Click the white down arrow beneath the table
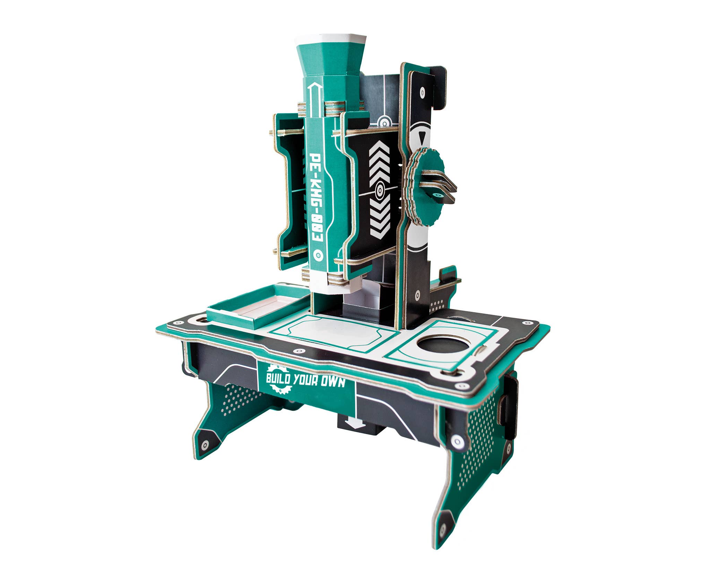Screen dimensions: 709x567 coord(355,422)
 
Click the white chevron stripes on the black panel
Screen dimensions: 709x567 coord(379,187)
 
